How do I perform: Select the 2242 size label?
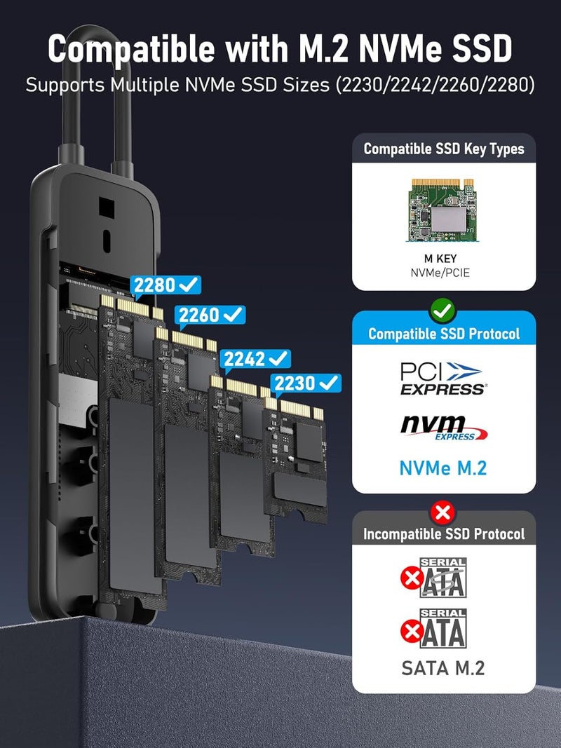[256, 358]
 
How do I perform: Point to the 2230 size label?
[306, 383]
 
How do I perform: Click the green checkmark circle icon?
[443, 308]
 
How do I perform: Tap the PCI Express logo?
[442, 378]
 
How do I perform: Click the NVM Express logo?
[443, 428]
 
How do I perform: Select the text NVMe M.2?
[443, 468]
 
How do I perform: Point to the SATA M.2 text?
[443, 668]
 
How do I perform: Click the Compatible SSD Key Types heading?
[443, 149]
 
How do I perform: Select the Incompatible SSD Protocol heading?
[443, 534]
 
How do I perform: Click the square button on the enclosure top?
[106, 206]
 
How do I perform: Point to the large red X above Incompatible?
[443, 512]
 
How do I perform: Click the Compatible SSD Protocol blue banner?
[443, 334]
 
